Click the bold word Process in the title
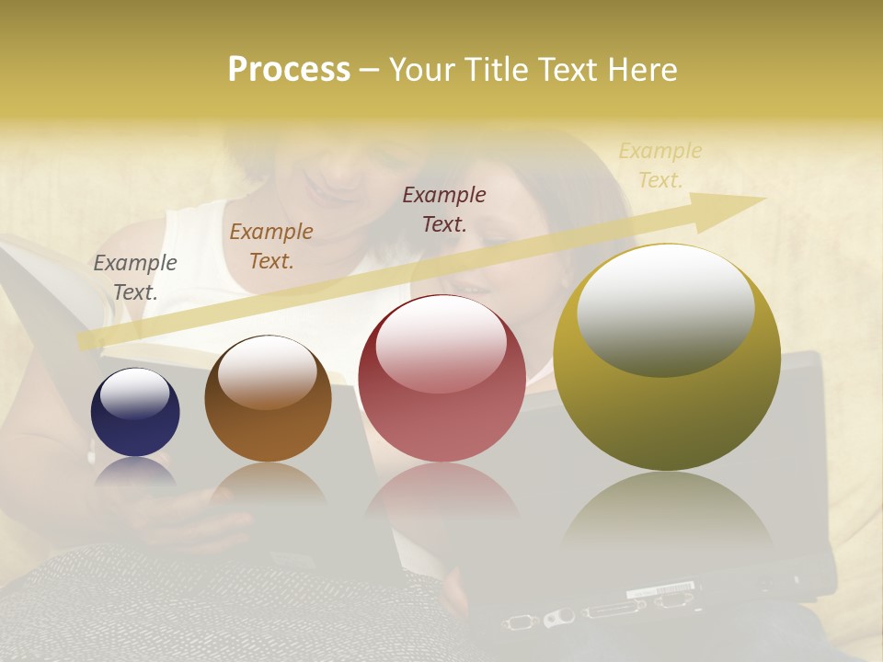[x=289, y=70]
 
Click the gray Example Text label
[x=135, y=277]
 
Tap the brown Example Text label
[x=271, y=245]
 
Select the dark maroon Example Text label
[x=444, y=209]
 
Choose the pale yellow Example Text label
[x=659, y=165]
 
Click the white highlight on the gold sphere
[x=666, y=310]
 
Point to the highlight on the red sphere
[x=441, y=344]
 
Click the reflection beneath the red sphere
[x=441, y=492]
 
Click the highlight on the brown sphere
[x=267, y=371]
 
